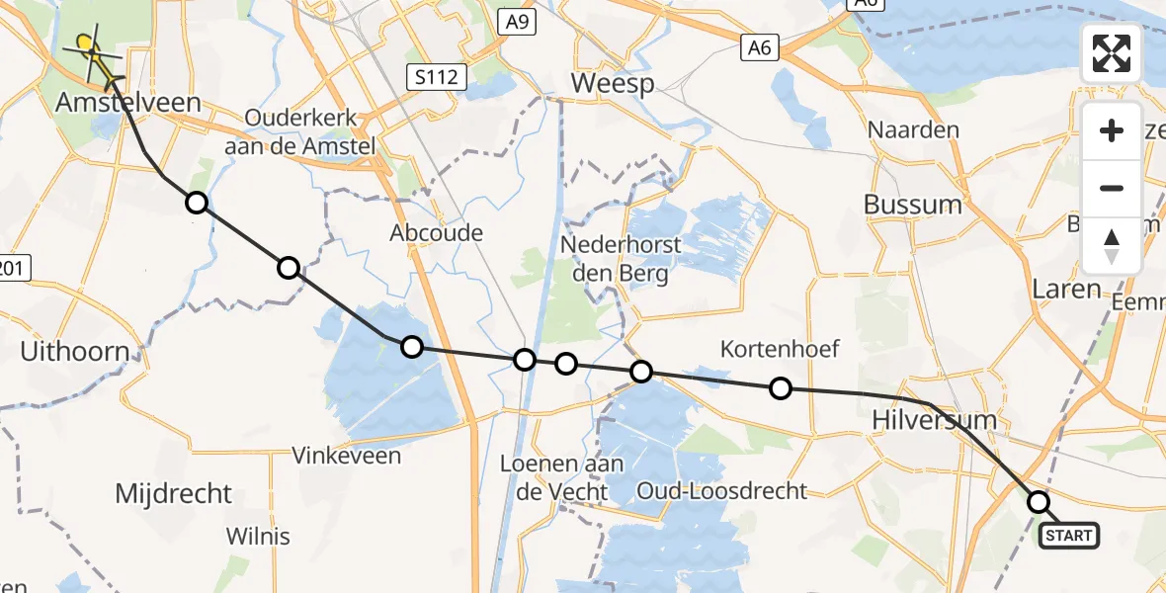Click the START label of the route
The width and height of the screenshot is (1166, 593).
click(x=1068, y=536)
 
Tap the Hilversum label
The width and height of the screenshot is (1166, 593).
click(x=934, y=420)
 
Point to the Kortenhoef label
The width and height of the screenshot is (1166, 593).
click(x=780, y=348)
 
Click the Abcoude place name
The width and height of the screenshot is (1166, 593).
click(x=436, y=233)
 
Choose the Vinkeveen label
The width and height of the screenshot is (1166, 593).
click(x=347, y=456)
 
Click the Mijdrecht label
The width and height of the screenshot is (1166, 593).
click(x=173, y=493)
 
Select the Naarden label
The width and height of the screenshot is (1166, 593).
click(x=913, y=129)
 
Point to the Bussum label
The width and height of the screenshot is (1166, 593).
click(x=912, y=205)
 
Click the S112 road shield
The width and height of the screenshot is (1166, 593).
click(x=436, y=76)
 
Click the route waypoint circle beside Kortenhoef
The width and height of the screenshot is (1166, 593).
click(x=781, y=388)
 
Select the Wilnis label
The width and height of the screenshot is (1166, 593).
click(x=258, y=537)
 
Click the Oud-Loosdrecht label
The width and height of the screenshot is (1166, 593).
click(x=721, y=490)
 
